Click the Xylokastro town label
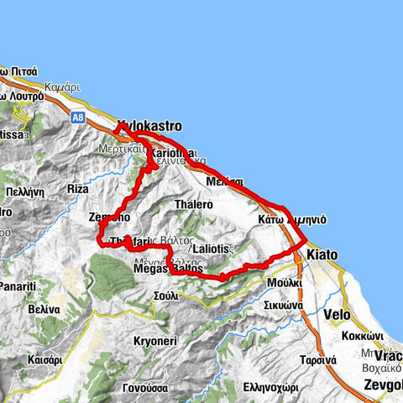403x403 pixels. [149, 127]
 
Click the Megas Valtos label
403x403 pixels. [168, 269]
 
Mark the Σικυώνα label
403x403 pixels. [282, 306]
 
